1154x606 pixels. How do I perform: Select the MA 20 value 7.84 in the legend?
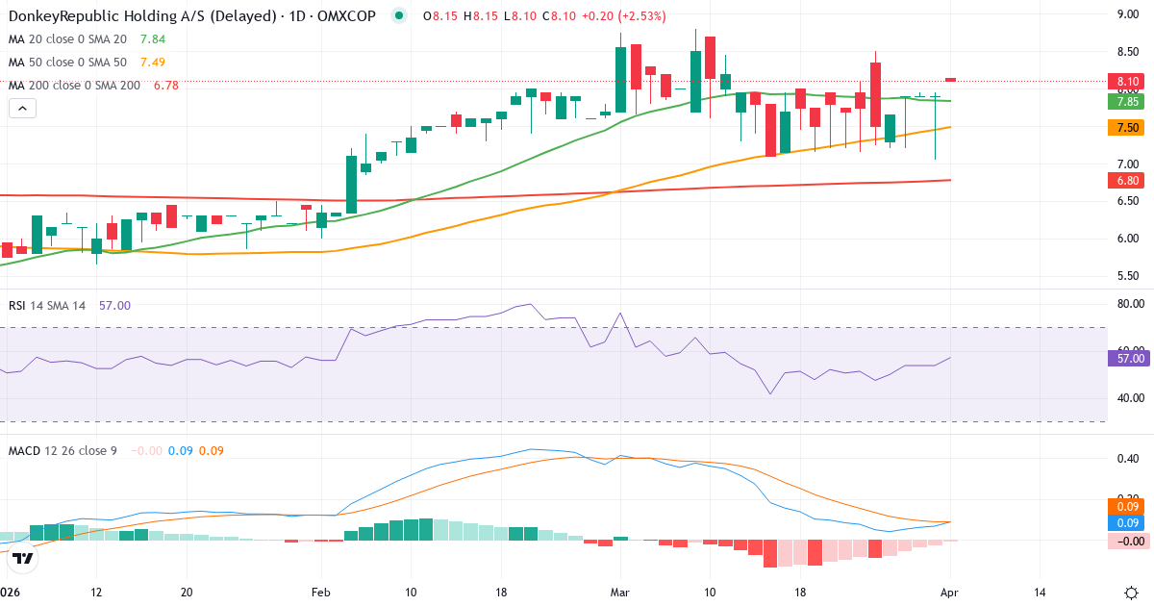153,39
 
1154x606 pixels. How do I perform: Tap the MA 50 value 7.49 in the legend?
153,63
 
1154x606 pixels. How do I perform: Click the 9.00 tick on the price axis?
1127,14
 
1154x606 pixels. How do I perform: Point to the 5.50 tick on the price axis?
1127,276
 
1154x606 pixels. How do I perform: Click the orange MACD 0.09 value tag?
1127,506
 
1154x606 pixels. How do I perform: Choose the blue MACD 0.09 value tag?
1127,523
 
